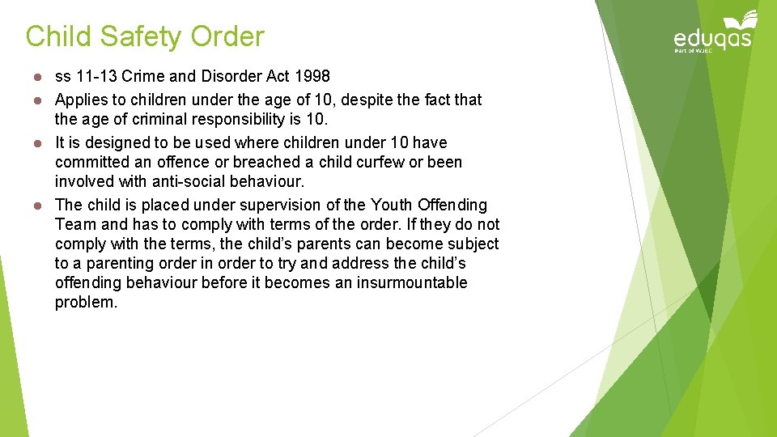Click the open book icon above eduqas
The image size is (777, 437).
pyautogui.click(x=739, y=19)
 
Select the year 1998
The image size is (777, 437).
pyautogui.click(x=312, y=77)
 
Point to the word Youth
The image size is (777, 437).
pyautogui.click(x=391, y=205)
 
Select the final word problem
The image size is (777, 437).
pyautogui.click(x=86, y=303)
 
